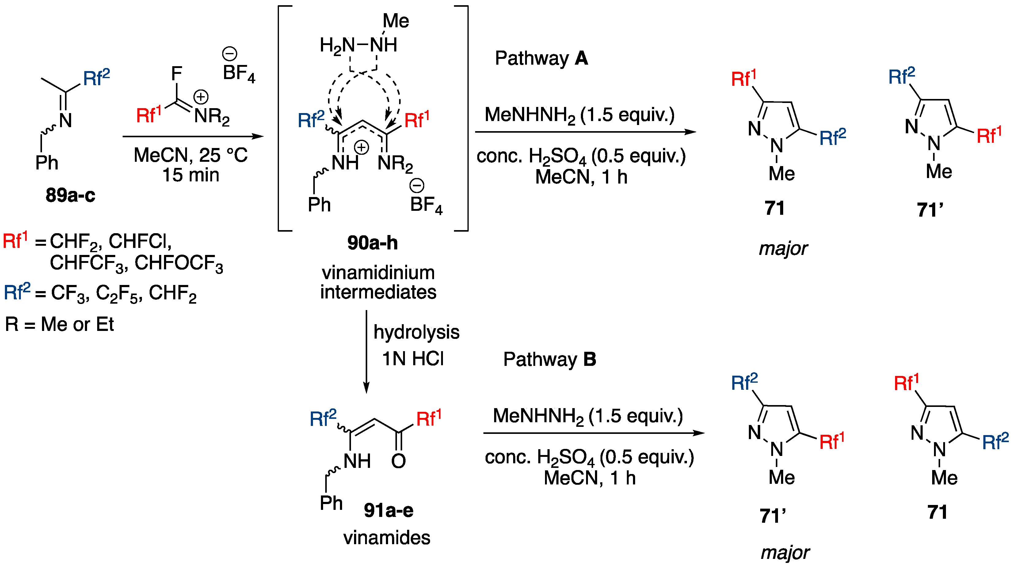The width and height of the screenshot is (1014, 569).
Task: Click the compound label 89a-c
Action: pos(70,195)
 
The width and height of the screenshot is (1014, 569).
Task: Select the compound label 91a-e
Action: pos(388,510)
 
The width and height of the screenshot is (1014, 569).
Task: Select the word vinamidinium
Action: pos(378,273)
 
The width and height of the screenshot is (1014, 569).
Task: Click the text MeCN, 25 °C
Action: pos(191,155)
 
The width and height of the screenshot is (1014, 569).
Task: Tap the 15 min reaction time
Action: pos(191,175)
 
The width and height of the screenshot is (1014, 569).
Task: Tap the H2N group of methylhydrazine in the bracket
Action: pos(337,45)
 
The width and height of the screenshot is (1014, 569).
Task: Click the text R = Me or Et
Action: pos(59,324)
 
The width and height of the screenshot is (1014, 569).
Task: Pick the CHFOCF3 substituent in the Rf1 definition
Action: pos(179,263)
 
